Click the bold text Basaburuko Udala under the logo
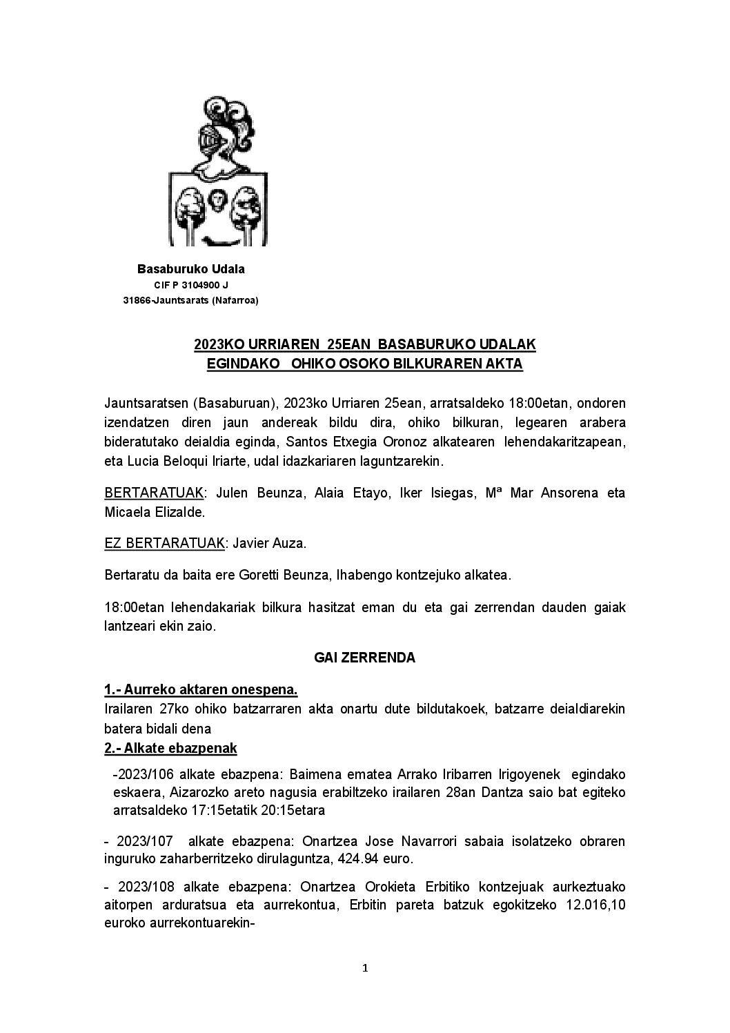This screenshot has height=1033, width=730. (191, 269)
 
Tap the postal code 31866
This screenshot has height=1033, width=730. (136, 300)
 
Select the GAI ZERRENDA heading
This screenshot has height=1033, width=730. (364, 658)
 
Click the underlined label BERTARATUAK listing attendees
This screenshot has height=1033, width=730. (154, 493)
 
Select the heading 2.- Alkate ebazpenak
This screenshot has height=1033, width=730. (170, 749)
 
